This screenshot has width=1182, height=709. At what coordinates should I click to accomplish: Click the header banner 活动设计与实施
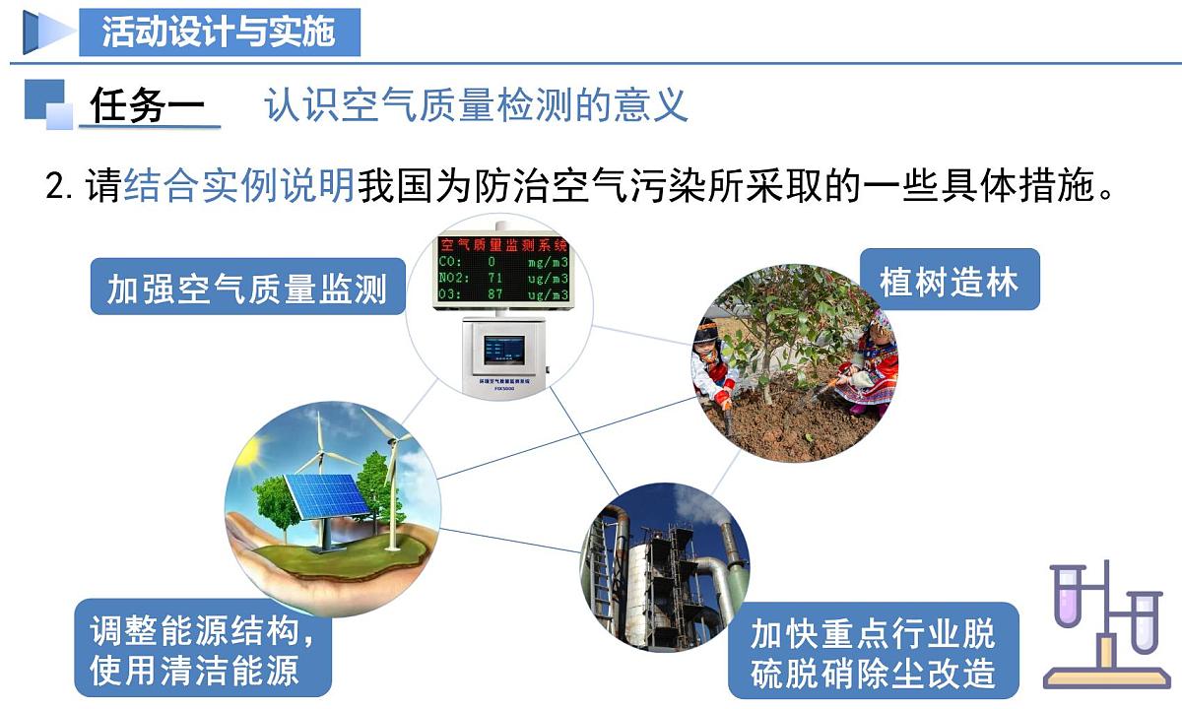(x=219, y=32)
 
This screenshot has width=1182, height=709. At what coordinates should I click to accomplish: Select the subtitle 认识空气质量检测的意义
(x=476, y=105)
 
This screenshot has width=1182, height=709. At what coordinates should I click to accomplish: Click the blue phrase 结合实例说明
(x=239, y=185)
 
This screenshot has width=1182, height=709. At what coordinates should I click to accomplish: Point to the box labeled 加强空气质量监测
(x=247, y=287)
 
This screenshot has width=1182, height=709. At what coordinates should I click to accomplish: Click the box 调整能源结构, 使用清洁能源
(x=203, y=648)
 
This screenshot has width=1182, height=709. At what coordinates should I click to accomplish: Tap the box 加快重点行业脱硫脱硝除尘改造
(x=873, y=650)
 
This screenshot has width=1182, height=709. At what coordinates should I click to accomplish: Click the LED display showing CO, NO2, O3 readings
(x=504, y=269)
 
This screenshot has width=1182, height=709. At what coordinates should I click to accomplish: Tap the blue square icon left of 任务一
(x=47, y=103)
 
